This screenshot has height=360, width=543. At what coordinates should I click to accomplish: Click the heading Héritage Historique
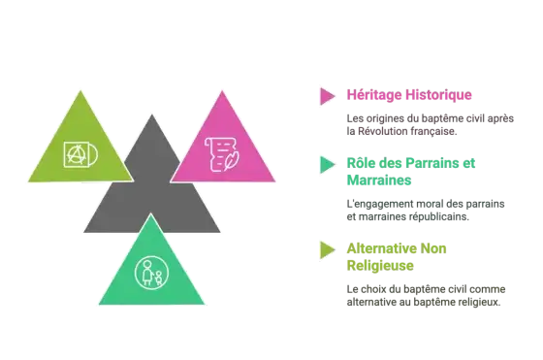[x=409, y=95]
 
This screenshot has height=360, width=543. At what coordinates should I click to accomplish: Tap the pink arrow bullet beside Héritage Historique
[x=328, y=96]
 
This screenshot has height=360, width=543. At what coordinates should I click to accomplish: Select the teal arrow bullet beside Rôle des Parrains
[x=328, y=165]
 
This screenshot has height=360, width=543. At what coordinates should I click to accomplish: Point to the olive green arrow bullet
[x=328, y=249]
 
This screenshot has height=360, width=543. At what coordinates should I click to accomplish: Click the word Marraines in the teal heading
[x=379, y=180]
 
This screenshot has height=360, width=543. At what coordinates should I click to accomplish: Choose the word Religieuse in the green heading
[x=380, y=266]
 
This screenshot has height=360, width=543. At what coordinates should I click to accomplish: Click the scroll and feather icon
[x=222, y=154]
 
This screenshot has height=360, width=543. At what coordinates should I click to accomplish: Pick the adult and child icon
[x=151, y=273]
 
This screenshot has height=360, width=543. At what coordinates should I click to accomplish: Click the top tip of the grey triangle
[x=151, y=115]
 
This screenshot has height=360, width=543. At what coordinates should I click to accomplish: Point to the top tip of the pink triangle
[x=222, y=91]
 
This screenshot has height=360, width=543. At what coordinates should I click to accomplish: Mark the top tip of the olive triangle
[x=80, y=91]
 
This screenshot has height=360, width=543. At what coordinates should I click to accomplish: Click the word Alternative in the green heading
[x=381, y=248]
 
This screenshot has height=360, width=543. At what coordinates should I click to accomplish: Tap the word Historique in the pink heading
[x=438, y=95]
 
